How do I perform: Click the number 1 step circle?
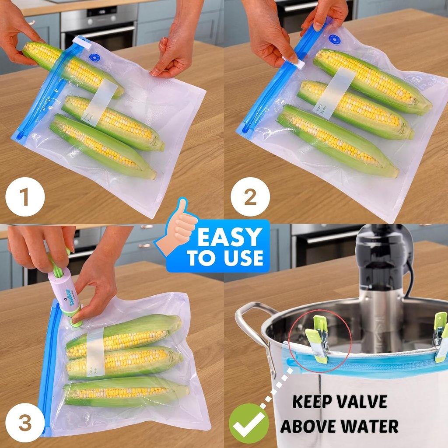[25, 197]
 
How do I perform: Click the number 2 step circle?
[250, 197]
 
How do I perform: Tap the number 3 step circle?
[25, 423]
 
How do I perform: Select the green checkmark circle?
[249, 423]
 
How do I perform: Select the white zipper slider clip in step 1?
[82, 42]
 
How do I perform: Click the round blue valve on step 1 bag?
[94, 57]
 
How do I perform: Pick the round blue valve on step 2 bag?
[334, 40]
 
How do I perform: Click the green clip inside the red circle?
[318, 339]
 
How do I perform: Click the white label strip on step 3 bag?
[95, 352]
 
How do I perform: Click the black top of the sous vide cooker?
[379, 254]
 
